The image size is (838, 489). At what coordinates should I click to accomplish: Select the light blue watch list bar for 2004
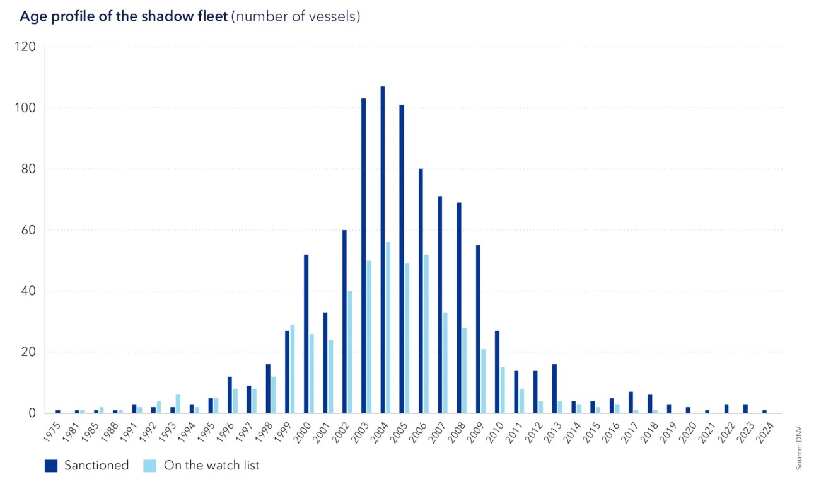point(388,328)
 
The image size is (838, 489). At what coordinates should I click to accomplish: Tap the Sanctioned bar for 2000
point(306,334)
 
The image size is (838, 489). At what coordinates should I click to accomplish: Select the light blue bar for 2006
point(426,334)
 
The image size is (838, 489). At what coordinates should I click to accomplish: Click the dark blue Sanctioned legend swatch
point(51,466)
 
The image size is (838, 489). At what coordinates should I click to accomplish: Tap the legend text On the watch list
point(211,466)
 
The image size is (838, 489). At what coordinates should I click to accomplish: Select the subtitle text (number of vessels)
point(296,16)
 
